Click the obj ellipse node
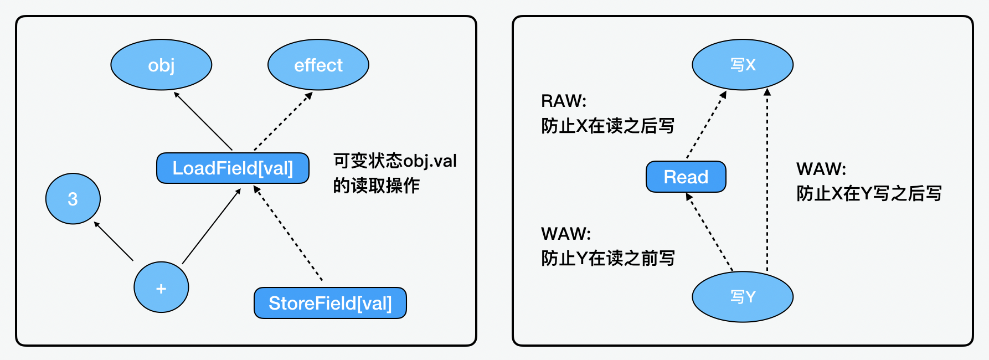(x=161, y=65)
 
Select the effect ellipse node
(x=318, y=65)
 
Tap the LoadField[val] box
(x=233, y=168)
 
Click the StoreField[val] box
(x=330, y=303)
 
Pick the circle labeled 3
(x=73, y=199)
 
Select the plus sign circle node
(x=161, y=288)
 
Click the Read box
(x=686, y=177)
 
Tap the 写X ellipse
(x=742, y=65)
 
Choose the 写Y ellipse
(x=742, y=297)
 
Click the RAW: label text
(x=563, y=101)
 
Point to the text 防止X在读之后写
(x=607, y=126)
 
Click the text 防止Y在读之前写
(x=607, y=258)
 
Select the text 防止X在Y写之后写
(x=868, y=193)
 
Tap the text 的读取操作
(x=376, y=186)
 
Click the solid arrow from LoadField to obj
(x=203, y=121)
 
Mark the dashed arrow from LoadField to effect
(x=283, y=121)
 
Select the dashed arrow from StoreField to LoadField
(x=288, y=233)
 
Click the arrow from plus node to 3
(x=114, y=241)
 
